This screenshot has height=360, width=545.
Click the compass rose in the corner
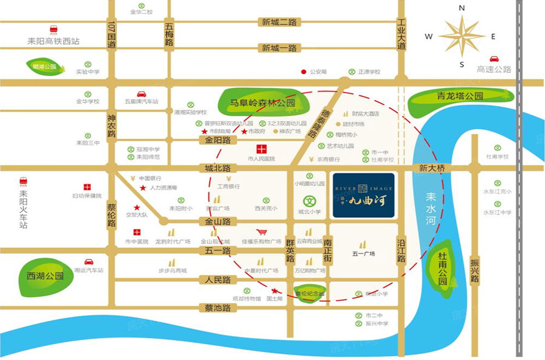pos(461,36)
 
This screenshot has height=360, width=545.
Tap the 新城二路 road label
pos(279,22)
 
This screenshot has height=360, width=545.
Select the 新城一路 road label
pos(279,48)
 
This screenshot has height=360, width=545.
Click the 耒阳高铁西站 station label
pos(53,41)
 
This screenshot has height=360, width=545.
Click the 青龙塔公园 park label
pos(460,96)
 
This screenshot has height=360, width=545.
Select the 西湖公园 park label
pos(45,276)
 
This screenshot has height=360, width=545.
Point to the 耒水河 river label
pos(431,205)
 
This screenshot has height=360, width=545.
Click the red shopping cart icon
pos(262,232)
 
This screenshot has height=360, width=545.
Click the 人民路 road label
pos(218,280)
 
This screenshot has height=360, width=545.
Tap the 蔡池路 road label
pos(218,308)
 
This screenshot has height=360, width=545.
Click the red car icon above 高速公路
pos(494,59)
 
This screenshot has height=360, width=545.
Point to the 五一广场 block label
pos(363,253)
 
